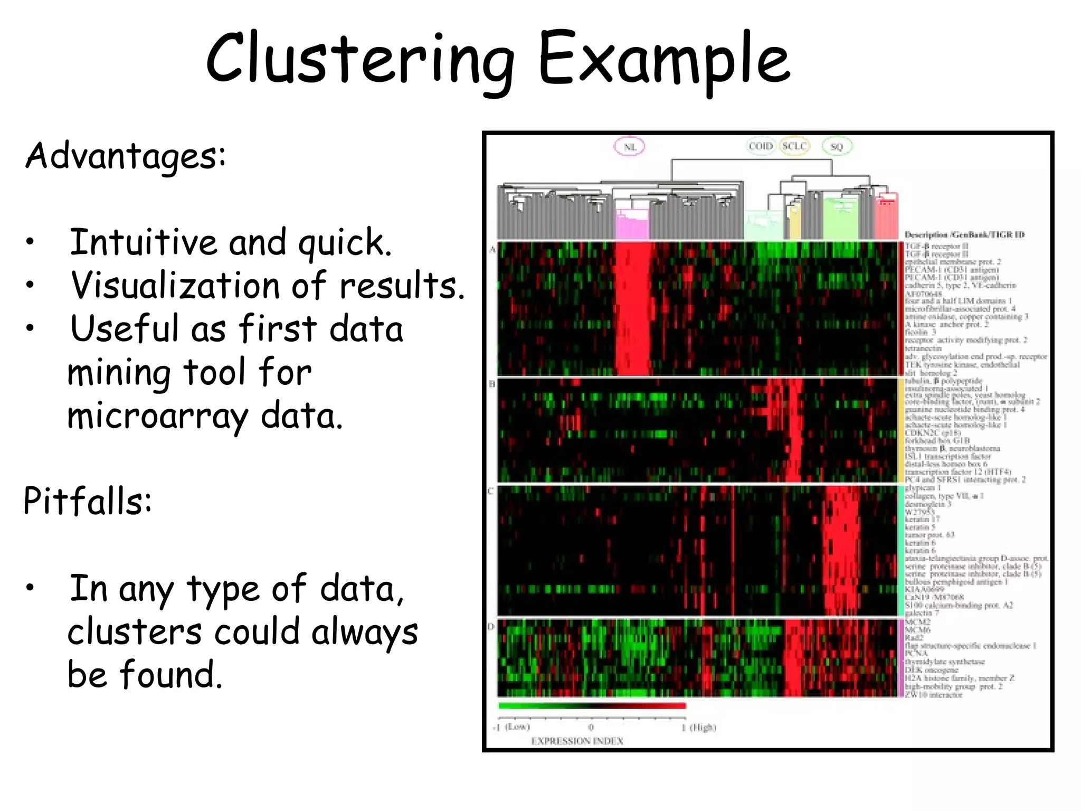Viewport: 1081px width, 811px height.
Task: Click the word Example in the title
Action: pyautogui.click(x=663, y=59)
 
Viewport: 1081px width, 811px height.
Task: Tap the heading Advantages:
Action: pyautogui.click(x=126, y=156)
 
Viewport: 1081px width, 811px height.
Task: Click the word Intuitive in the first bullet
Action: pyautogui.click(x=143, y=242)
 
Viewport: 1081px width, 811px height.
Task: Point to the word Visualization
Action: pyautogui.click(x=175, y=286)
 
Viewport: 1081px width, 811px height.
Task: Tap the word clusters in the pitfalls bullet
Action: pyautogui.click(x=135, y=632)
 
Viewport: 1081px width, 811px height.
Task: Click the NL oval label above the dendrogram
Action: pyautogui.click(x=630, y=147)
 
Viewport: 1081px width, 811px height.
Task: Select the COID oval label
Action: pyautogui.click(x=761, y=146)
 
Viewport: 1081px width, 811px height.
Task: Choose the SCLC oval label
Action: pyautogui.click(x=794, y=146)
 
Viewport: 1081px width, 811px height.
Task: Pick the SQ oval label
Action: pyautogui.click(x=837, y=147)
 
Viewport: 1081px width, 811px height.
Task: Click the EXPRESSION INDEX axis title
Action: pyautogui.click(x=577, y=741)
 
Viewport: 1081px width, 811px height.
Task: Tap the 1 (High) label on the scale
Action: pyautogui.click(x=698, y=728)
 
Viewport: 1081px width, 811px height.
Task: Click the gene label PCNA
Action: pyautogui.click(x=916, y=654)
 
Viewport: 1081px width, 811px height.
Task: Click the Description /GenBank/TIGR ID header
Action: pyautogui.click(x=964, y=234)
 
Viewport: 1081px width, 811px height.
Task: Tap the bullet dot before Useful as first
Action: pyautogui.click(x=31, y=328)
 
